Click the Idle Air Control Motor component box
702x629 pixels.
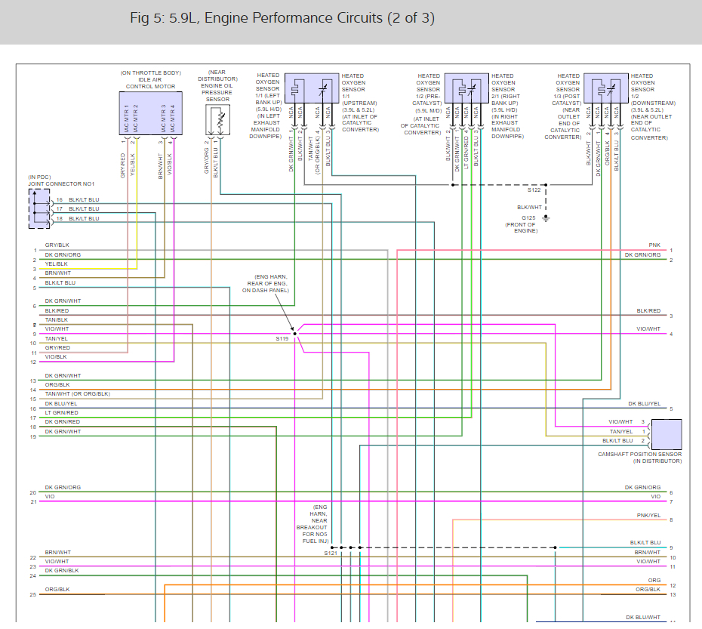pos(151,113)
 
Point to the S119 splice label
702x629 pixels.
pos(282,339)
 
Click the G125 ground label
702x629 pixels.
pos(528,217)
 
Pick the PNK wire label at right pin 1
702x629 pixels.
pos(654,245)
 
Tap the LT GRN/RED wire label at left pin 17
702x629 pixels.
pos(61,413)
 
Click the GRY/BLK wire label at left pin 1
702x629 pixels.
pos(57,245)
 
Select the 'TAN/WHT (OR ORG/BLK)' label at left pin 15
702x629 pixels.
pos(77,394)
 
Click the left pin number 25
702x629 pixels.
pos(32,595)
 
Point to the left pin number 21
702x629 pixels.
pos(32,501)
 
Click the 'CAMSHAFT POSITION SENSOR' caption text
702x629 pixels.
pos(639,455)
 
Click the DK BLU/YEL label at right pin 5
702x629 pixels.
pos(644,404)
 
